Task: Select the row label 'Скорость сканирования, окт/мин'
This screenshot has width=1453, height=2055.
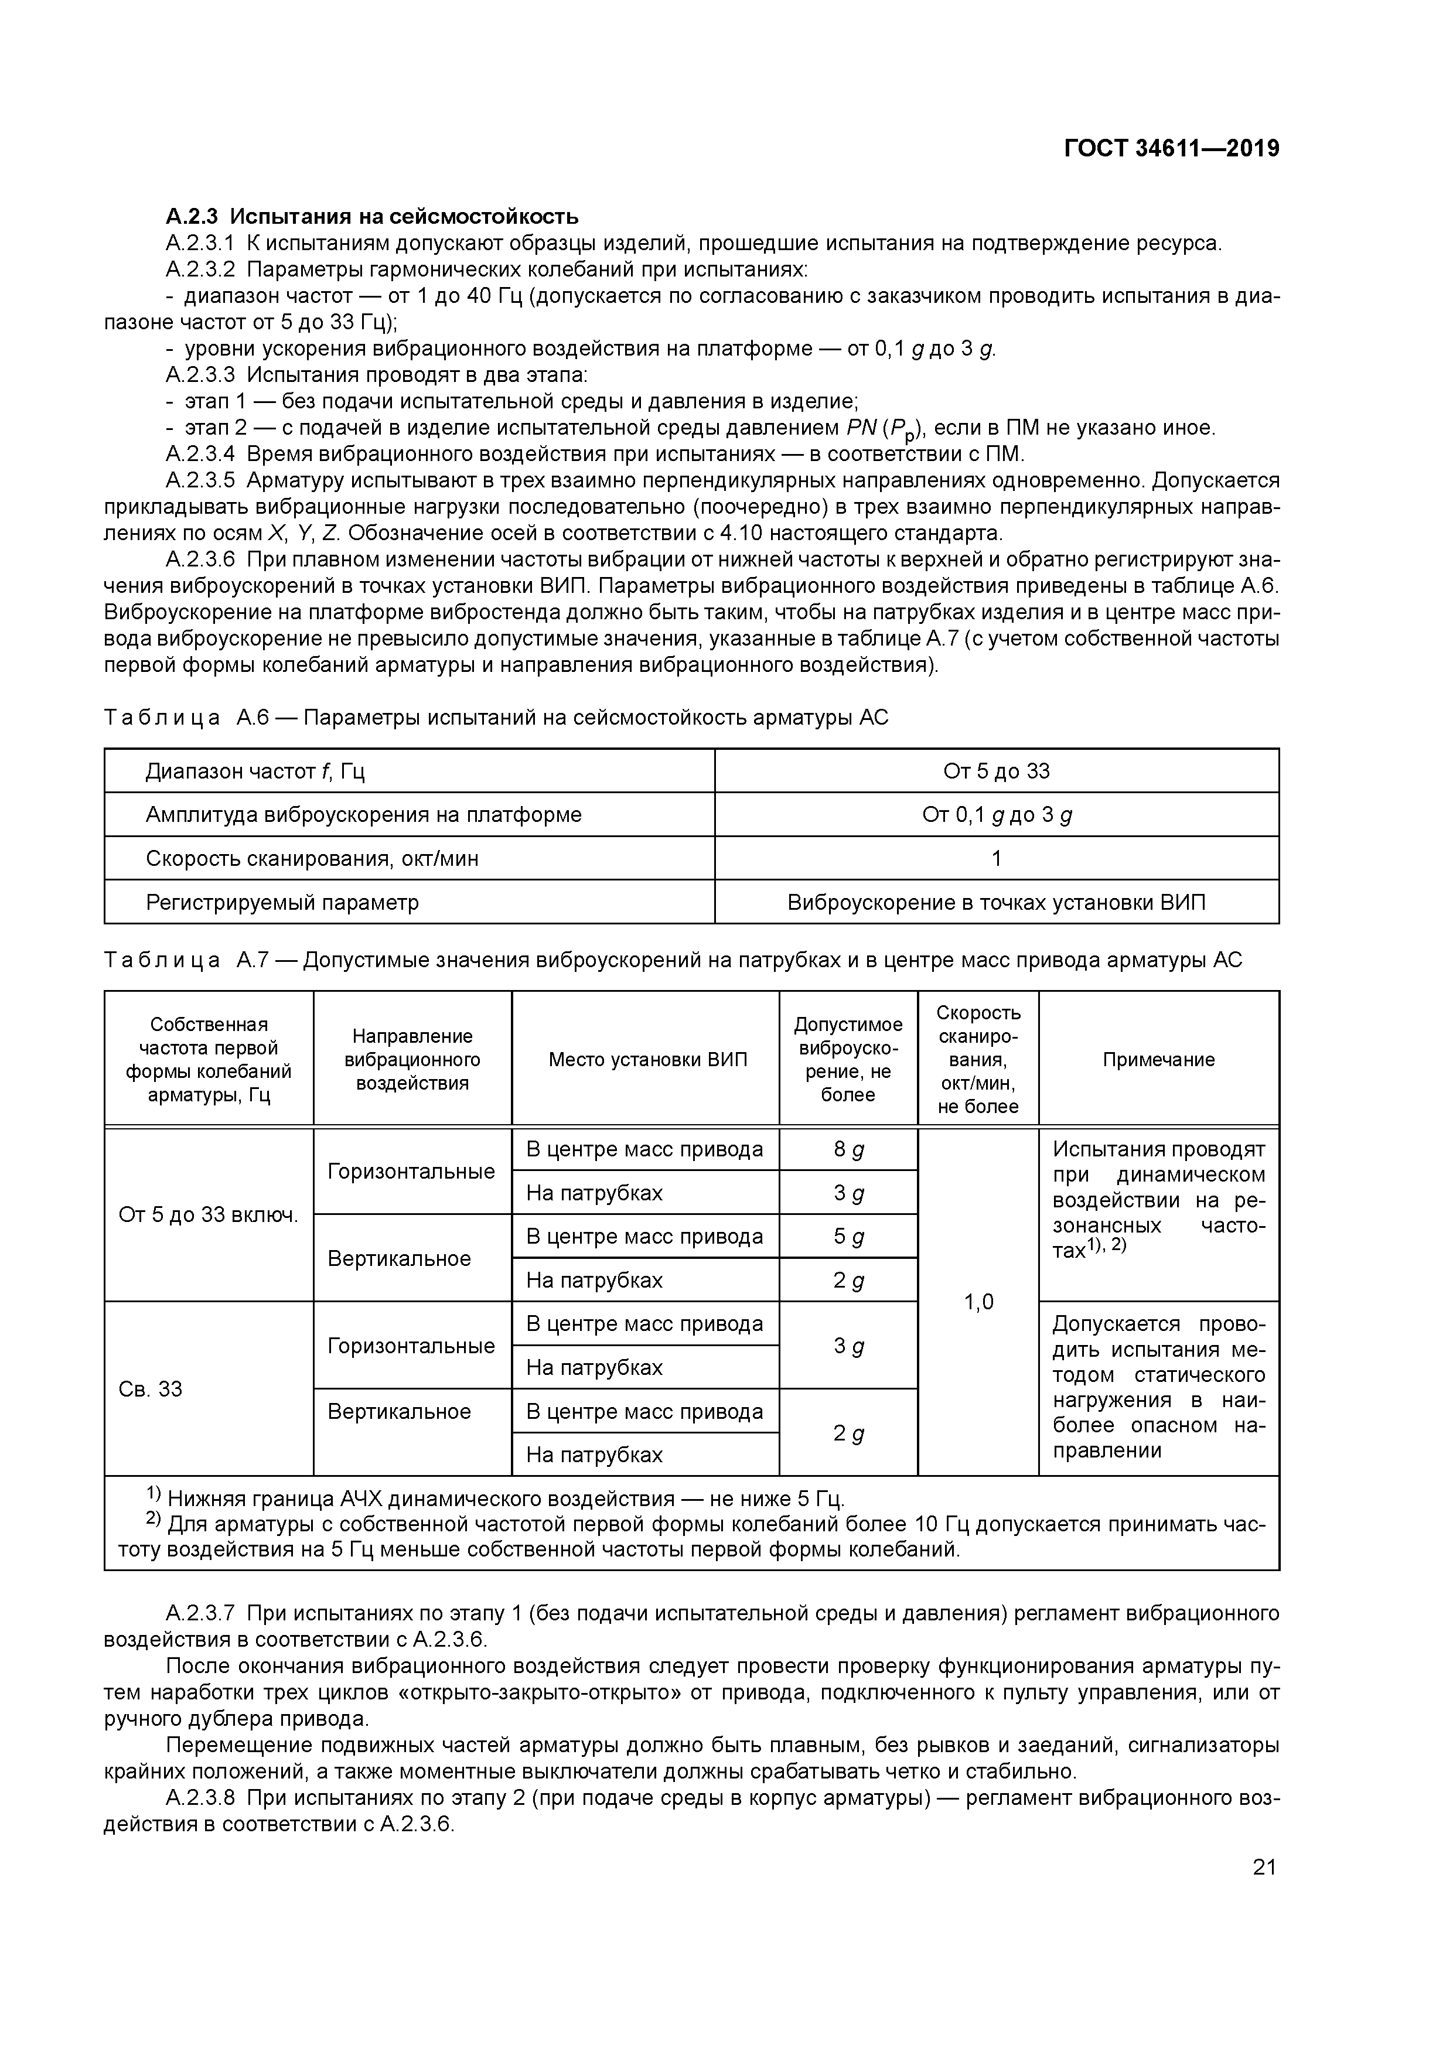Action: coord(312,858)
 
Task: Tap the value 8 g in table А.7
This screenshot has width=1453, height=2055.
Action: coord(848,1149)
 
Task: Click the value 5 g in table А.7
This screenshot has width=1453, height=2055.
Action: coord(848,1236)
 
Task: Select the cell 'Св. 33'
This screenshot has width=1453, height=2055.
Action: coord(151,1388)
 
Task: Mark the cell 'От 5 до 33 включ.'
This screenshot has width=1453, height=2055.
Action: coord(209,1214)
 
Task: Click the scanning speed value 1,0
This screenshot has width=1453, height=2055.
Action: coord(978,1302)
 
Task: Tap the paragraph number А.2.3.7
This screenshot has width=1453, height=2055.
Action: coord(200,1613)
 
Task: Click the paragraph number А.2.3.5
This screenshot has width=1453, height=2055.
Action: coord(200,480)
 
